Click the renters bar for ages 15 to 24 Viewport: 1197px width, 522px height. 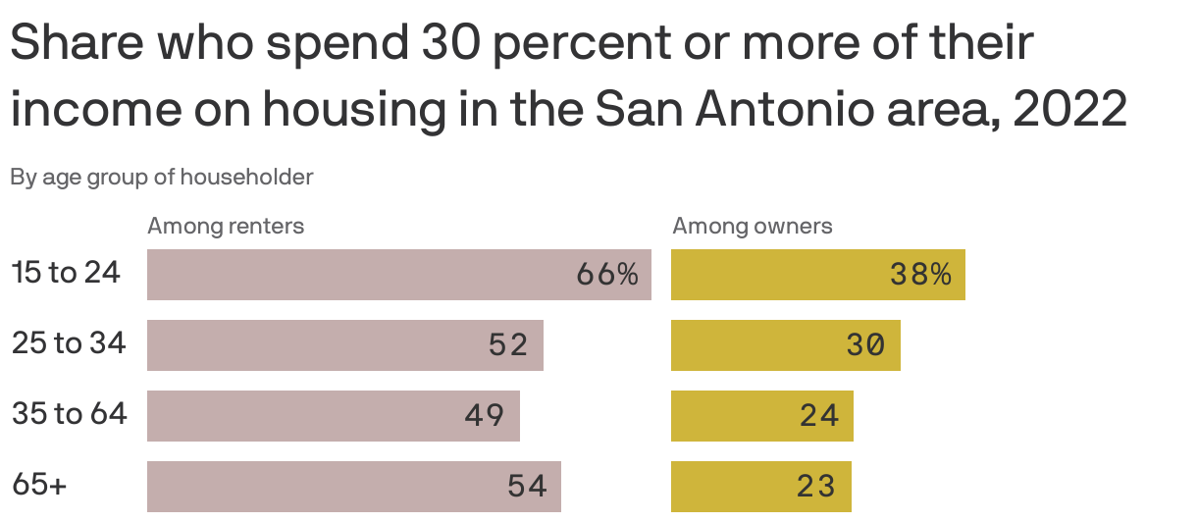coord(353,275)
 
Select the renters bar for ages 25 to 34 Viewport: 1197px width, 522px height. coord(314,345)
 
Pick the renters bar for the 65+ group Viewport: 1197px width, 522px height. coord(324,487)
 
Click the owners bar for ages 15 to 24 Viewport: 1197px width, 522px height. coord(775,275)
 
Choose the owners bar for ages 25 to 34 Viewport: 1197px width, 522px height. coord(755,345)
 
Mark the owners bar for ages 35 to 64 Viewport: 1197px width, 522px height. coord(736,416)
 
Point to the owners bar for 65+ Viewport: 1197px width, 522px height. coord(736,487)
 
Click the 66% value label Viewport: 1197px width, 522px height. coord(607,275)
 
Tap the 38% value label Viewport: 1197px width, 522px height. coord(920,275)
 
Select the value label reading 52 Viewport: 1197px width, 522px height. coord(508,345)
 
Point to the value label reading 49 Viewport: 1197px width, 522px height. coord(485,416)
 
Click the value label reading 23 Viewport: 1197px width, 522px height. coord(816,487)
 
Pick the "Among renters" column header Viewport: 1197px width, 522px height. coord(226,227)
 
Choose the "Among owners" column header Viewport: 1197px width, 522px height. coord(752,227)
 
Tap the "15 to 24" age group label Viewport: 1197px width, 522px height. coord(67,273)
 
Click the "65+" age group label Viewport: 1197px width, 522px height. coord(39,485)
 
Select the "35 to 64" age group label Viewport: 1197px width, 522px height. coord(70,414)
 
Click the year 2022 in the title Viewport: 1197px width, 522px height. coord(1069,111)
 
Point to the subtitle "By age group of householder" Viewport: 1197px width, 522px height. coord(162,178)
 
